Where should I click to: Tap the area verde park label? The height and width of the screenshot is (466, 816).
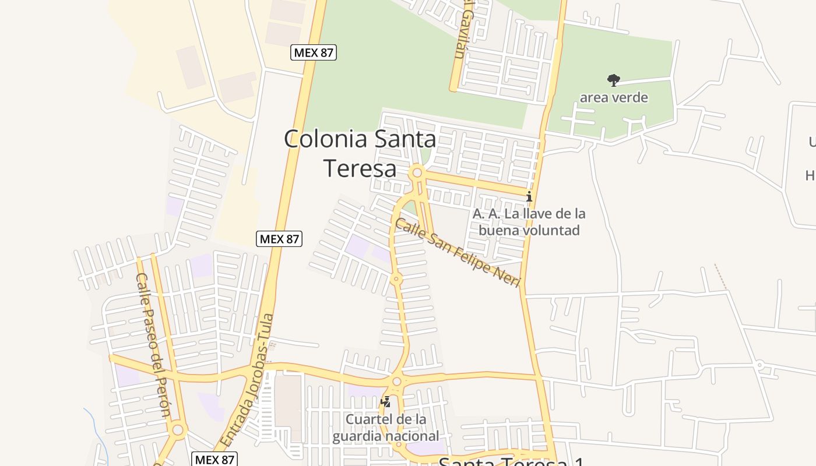pyautogui.click(x=613, y=97)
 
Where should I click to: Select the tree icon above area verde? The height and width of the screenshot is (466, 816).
pyautogui.click(x=613, y=80)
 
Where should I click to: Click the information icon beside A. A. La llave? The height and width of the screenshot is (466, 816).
pyautogui.click(x=529, y=196)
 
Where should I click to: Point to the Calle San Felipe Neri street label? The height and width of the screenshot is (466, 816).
pyautogui.click(x=457, y=252)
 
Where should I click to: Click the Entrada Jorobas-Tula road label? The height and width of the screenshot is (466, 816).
pyautogui.click(x=248, y=382)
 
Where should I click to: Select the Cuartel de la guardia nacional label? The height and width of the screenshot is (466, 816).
pyautogui.click(x=386, y=428)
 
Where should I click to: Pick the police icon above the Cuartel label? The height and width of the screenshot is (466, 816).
pyautogui.click(x=385, y=401)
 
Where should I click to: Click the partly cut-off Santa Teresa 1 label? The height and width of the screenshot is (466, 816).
pyautogui.click(x=511, y=461)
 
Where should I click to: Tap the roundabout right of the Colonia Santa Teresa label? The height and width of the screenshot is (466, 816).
pyautogui.click(x=417, y=173)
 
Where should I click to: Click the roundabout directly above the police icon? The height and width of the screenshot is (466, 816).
pyautogui.click(x=397, y=382)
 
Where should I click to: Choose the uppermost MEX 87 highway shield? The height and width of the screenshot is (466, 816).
pyautogui.click(x=314, y=52)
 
